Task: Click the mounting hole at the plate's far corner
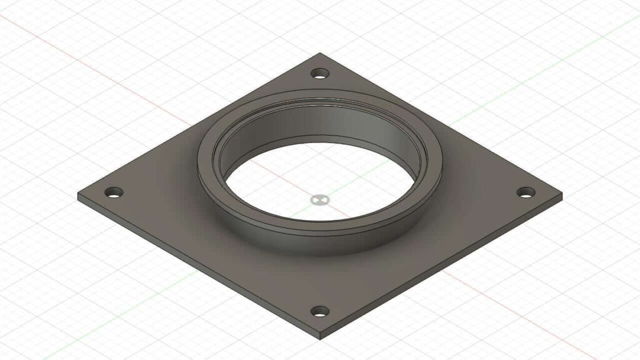coord(320,74)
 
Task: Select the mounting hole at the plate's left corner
coord(114,192)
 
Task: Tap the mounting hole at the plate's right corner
coord(526,192)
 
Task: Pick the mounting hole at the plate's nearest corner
coord(320,311)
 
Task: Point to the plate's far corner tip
coord(320,54)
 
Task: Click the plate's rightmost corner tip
coord(561,194)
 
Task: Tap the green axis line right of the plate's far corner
coord(531,69)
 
